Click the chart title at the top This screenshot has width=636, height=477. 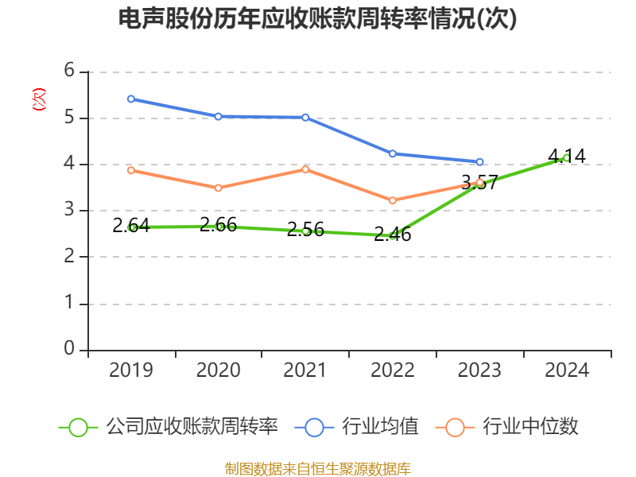(317, 19)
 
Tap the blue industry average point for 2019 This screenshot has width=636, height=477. (131, 99)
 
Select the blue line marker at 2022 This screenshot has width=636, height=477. (393, 153)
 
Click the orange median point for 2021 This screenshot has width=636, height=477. (305, 169)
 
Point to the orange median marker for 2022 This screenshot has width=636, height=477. (393, 200)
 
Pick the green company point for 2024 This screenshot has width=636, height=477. (566, 157)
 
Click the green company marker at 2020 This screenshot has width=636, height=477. (219, 227)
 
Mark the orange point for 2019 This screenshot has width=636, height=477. (131, 170)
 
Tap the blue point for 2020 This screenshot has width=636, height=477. (219, 116)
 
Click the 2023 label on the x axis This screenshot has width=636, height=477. (480, 370)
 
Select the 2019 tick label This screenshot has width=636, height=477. (131, 370)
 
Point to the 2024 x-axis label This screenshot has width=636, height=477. (567, 370)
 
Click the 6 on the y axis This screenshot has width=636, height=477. (69, 71)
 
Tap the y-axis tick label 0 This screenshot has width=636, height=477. (69, 349)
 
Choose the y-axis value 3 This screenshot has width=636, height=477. (69, 210)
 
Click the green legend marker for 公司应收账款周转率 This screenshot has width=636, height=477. (78, 427)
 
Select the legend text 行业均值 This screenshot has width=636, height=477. (380, 427)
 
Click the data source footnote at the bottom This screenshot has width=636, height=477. (317, 468)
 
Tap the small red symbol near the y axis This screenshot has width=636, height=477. (38, 99)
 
